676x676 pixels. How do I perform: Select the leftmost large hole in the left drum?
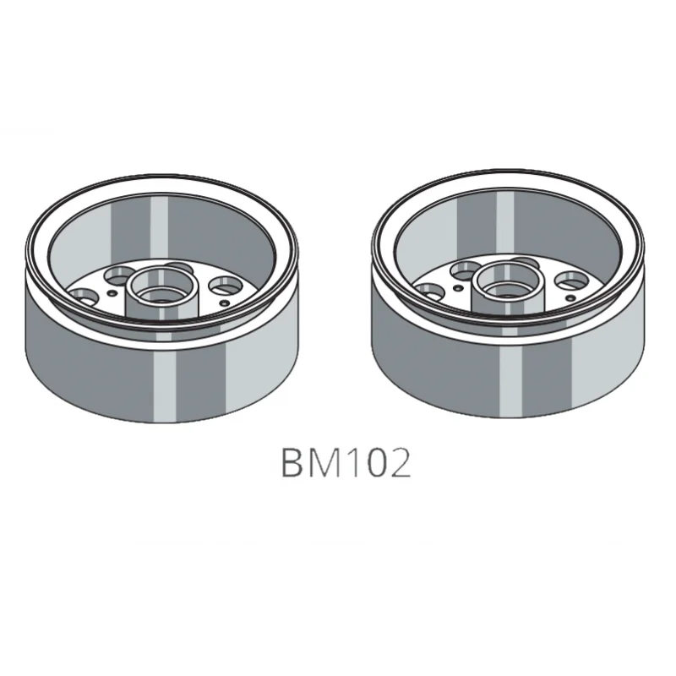(83, 295)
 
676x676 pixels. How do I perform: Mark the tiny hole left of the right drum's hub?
(457, 286)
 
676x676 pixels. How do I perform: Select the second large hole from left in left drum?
(120, 274)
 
